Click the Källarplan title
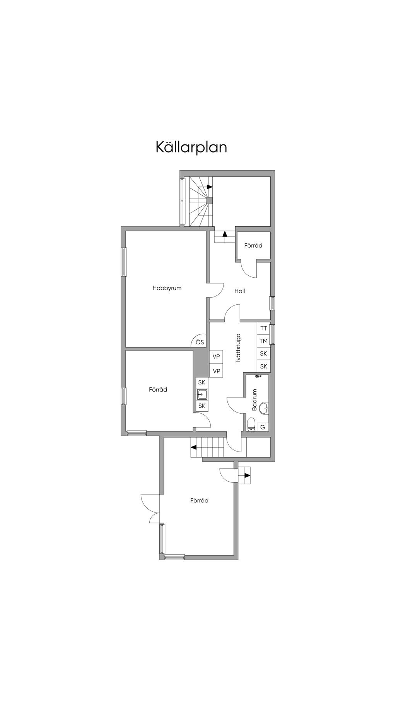point(191,148)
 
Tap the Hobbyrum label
point(167,288)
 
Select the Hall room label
point(239,291)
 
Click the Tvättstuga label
point(238,348)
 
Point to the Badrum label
point(254,400)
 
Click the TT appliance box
point(264,328)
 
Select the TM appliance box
point(264,341)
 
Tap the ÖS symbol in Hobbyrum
point(200,342)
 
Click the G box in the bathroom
point(263,427)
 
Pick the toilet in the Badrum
point(251,423)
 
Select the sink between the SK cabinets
point(202,394)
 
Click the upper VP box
point(216,356)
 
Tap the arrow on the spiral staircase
point(209,187)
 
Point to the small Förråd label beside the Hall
point(253,246)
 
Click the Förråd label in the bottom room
point(199,501)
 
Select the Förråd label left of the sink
point(158,390)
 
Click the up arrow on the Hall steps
point(225,234)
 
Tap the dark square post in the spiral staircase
point(210,200)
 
